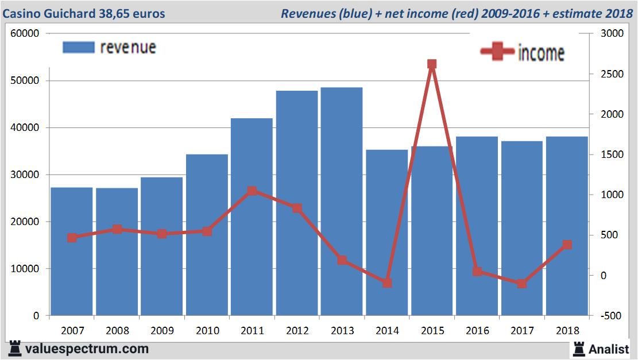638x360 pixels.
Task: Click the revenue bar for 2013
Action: [342, 201]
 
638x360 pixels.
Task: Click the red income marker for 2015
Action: [432, 64]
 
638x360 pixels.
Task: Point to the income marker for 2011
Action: [252, 191]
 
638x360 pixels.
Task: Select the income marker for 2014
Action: [387, 283]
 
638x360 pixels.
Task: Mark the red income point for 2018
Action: [567, 245]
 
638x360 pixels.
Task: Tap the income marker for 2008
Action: [117, 229]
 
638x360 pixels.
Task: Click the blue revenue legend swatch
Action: [78, 47]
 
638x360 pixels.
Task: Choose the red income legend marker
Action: [497, 52]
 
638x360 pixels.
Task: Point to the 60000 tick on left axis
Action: [25, 33]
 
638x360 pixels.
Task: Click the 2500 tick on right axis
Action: [612, 74]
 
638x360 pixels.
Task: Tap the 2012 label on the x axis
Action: [297, 331]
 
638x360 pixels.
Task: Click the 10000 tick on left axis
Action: [25, 269]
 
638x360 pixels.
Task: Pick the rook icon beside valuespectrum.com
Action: [14, 349]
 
